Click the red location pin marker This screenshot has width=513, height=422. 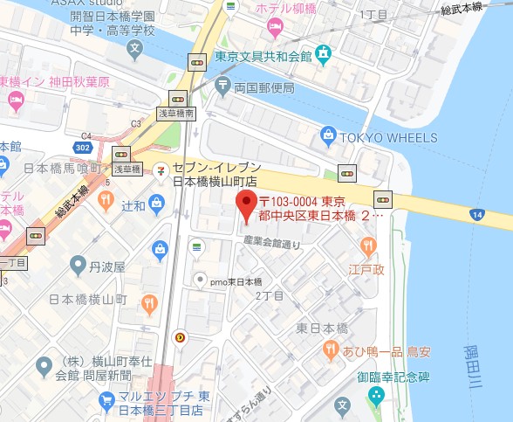pos(245,207)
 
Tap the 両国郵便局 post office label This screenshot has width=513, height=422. pos(263,86)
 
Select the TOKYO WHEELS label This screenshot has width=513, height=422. pos(387,138)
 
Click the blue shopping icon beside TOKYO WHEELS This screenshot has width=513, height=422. pos(328,135)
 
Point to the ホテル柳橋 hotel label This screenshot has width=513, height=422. pos(300,8)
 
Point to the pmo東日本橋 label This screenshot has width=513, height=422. pos(235,281)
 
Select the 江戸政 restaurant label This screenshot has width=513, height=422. pos(366,270)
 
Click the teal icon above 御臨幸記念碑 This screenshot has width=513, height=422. pos(376,396)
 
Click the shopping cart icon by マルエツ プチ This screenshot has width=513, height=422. pos(107,399)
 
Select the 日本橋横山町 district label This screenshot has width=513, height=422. pos(87,300)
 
